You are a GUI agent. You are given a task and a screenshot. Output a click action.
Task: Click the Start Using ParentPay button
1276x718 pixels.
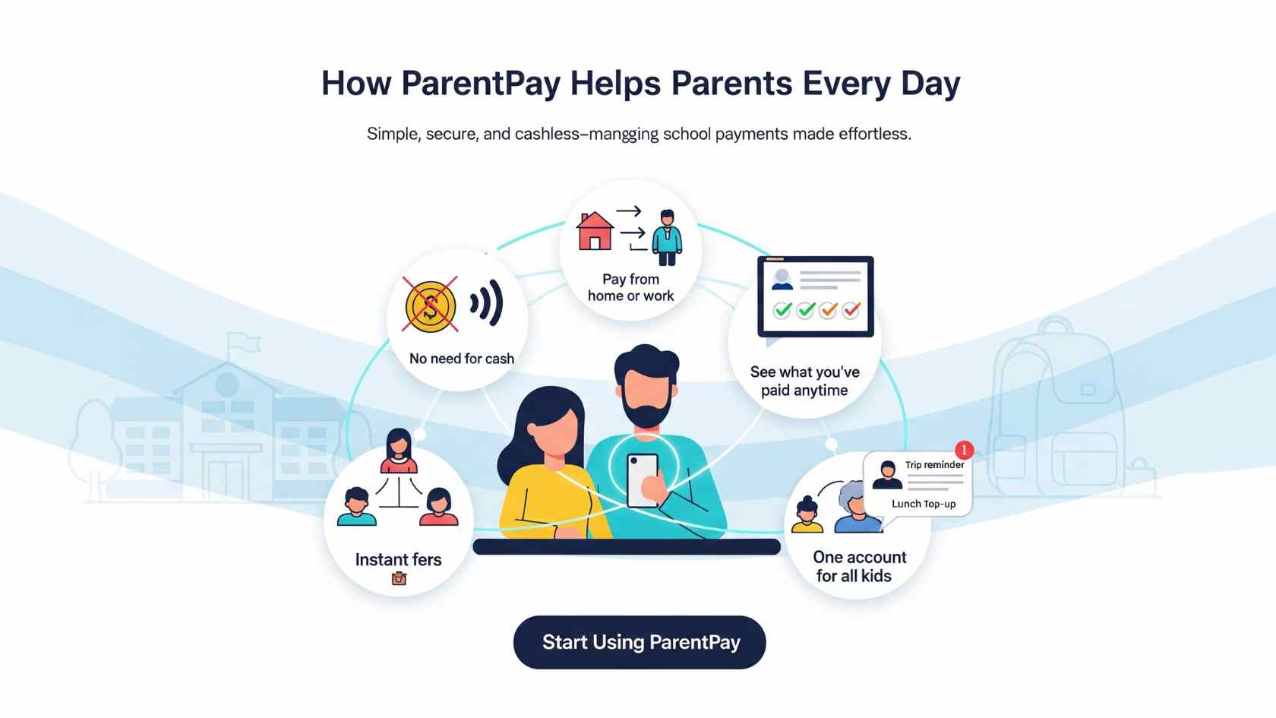point(640,642)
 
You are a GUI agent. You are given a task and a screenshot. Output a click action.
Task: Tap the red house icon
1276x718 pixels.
point(595,231)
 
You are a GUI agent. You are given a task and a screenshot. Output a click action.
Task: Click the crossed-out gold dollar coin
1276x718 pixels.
point(430,306)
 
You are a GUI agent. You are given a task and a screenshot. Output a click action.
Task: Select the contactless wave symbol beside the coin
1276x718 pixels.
point(487,302)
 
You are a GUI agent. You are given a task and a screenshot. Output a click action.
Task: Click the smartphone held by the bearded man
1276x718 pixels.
point(643,480)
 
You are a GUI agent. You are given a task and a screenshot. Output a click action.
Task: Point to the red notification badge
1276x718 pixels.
point(964,450)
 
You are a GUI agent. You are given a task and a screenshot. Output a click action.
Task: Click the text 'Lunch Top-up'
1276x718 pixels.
point(924,504)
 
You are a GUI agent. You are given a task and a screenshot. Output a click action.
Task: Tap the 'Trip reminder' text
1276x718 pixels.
point(935,464)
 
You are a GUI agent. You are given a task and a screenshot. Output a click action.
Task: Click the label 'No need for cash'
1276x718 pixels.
point(462,359)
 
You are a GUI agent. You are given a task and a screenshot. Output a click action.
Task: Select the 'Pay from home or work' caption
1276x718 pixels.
point(630,287)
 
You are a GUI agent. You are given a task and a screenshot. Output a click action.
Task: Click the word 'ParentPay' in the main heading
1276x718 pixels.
point(481,84)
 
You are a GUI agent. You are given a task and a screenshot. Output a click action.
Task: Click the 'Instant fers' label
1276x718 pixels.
point(398,559)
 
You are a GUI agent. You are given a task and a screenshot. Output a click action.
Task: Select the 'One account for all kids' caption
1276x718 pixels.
point(858,567)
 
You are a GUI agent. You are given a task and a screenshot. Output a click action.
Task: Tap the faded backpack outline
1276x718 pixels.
point(1056,410)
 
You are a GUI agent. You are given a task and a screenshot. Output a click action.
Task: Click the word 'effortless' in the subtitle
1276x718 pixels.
point(874,134)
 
